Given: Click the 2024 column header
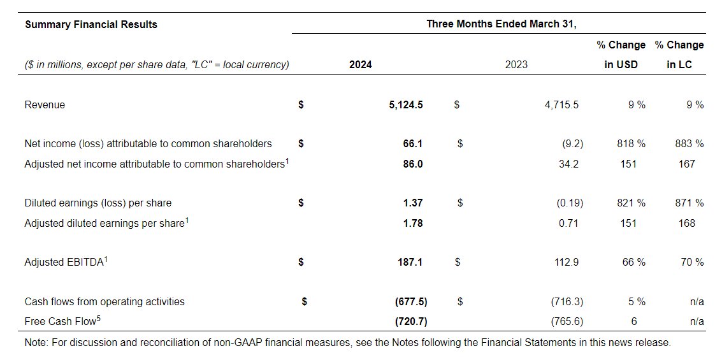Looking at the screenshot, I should pos(360,64).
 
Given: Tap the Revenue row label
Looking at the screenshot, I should pos(45,104).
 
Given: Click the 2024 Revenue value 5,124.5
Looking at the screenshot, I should pos(405,104).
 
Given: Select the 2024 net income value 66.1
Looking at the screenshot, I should pos(413,144).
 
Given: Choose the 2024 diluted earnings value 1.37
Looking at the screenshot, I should pos(413,203).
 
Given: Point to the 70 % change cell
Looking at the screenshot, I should pos(691,263).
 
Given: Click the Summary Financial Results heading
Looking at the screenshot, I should pos(90,25).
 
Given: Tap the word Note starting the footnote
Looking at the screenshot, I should pos(35,343).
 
